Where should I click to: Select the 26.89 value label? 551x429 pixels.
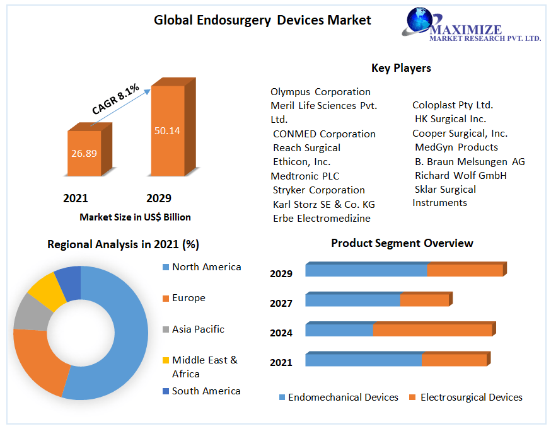pyautogui.click(x=83, y=153)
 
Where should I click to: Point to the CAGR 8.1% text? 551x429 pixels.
pyautogui.click(x=115, y=100)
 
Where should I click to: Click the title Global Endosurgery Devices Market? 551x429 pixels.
pyautogui.click(x=262, y=20)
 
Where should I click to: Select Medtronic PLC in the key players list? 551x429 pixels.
pyautogui.click(x=304, y=176)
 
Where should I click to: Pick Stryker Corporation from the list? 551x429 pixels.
pyautogui.click(x=318, y=190)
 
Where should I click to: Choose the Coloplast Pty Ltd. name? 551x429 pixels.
pyautogui.click(x=453, y=105)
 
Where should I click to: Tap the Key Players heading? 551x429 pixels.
pyautogui.click(x=401, y=68)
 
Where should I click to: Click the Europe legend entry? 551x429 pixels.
pyautogui.click(x=188, y=298)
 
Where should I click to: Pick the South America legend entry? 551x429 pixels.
pyautogui.click(x=206, y=391)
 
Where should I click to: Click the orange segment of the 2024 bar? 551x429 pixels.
pyautogui.click(x=432, y=330)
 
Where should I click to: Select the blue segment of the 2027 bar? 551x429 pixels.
pyautogui.click(x=352, y=300)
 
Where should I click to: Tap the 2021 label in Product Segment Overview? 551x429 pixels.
pyautogui.click(x=281, y=362)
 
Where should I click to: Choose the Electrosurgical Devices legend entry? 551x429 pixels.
pyautogui.click(x=470, y=398)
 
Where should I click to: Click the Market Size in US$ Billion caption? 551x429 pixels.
pyautogui.click(x=135, y=217)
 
